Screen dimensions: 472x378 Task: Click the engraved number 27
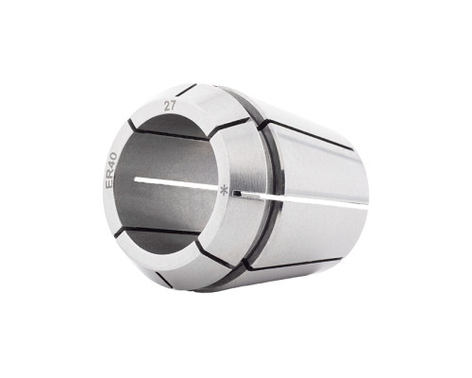[170, 106]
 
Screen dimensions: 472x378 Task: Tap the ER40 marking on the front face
[111, 170]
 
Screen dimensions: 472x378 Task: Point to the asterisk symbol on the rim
[224, 190]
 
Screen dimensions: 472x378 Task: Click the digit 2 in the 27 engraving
[167, 107]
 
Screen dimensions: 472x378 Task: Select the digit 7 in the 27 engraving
[173, 106]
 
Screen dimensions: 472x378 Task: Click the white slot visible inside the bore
[177, 183]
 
